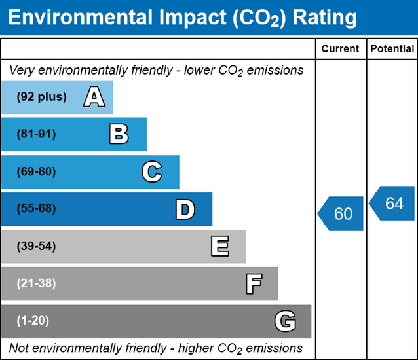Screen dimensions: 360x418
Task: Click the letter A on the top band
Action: pos(94,98)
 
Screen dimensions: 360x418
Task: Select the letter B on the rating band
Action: pos(119,135)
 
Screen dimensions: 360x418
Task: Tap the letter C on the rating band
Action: pos(151,172)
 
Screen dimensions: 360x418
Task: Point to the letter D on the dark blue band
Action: pos(185,209)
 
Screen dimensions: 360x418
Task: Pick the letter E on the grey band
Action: pos(219,247)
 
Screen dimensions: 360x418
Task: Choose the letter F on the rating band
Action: pos(254,284)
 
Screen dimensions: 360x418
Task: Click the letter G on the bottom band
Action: pos(285,321)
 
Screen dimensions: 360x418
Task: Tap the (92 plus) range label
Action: pos(42,97)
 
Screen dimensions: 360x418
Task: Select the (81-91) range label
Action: pos(37,134)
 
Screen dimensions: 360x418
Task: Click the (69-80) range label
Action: pos(37,172)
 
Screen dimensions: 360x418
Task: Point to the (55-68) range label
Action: pos(37,209)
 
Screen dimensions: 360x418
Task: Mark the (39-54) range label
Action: pos(37,247)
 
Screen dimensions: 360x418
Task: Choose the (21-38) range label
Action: pos(37,284)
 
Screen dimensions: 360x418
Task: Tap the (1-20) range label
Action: pos(33,321)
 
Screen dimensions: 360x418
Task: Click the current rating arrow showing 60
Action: pos(341,214)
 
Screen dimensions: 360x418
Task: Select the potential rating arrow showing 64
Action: pos(393,204)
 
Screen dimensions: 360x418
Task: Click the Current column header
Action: pos(341,49)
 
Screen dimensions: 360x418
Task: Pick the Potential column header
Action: pos(392,49)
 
